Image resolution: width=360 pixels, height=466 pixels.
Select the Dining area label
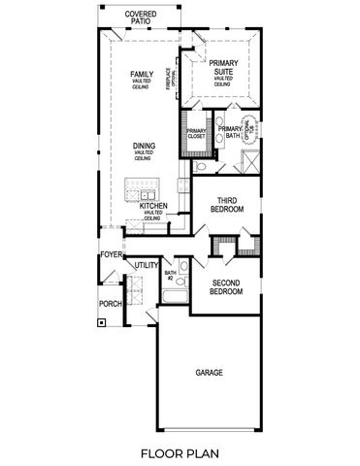pyautogui.click(x=144, y=147)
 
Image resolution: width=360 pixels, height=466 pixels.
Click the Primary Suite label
pyautogui.click(x=222, y=67)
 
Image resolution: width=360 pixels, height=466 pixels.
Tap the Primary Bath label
pyautogui.click(x=230, y=133)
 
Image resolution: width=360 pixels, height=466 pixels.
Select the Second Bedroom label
pyautogui.click(x=226, y=285)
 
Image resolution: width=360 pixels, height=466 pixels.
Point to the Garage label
pyautogui.click(x=210, y=372)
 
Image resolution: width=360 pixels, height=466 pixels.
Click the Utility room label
pyautogui.click(x=147, y=264)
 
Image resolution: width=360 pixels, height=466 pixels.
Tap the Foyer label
pyautogui.click(x=111, y=255)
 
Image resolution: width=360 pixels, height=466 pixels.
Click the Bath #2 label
pyautogui.click(x=170, y=276)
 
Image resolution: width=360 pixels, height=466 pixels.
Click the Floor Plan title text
pyautogui.click(x=180, y=452)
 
